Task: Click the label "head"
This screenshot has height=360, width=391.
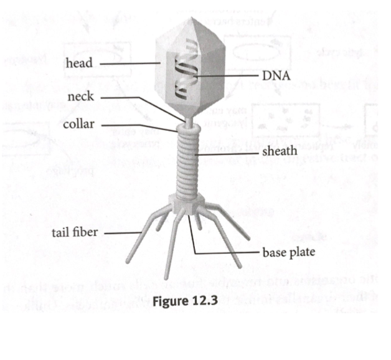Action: tap(78, 64)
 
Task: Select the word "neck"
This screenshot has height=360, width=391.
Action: tap(80, 97)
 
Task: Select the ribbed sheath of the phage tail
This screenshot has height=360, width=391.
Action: tap(187, 162)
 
